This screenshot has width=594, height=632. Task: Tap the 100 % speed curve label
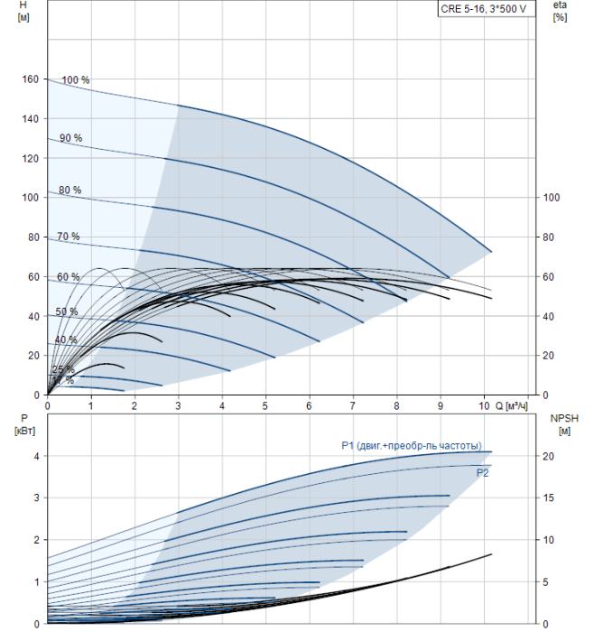point(76,80)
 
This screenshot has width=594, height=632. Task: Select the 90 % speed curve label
point(71,138)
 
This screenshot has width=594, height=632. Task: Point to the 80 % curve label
point(70,191)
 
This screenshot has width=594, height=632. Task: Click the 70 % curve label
point(69,237)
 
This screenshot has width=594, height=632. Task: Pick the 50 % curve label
point(67,312)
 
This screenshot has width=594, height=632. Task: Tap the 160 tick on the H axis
point(30,79)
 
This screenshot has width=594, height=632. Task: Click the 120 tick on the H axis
point(30,158)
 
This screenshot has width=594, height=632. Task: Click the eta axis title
point(560,12)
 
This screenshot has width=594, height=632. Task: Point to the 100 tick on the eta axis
point(552,198)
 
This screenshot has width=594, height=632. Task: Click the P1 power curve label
point(411,445)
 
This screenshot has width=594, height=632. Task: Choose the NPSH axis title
point(562,423)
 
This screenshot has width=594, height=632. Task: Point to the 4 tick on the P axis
point(36,456)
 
